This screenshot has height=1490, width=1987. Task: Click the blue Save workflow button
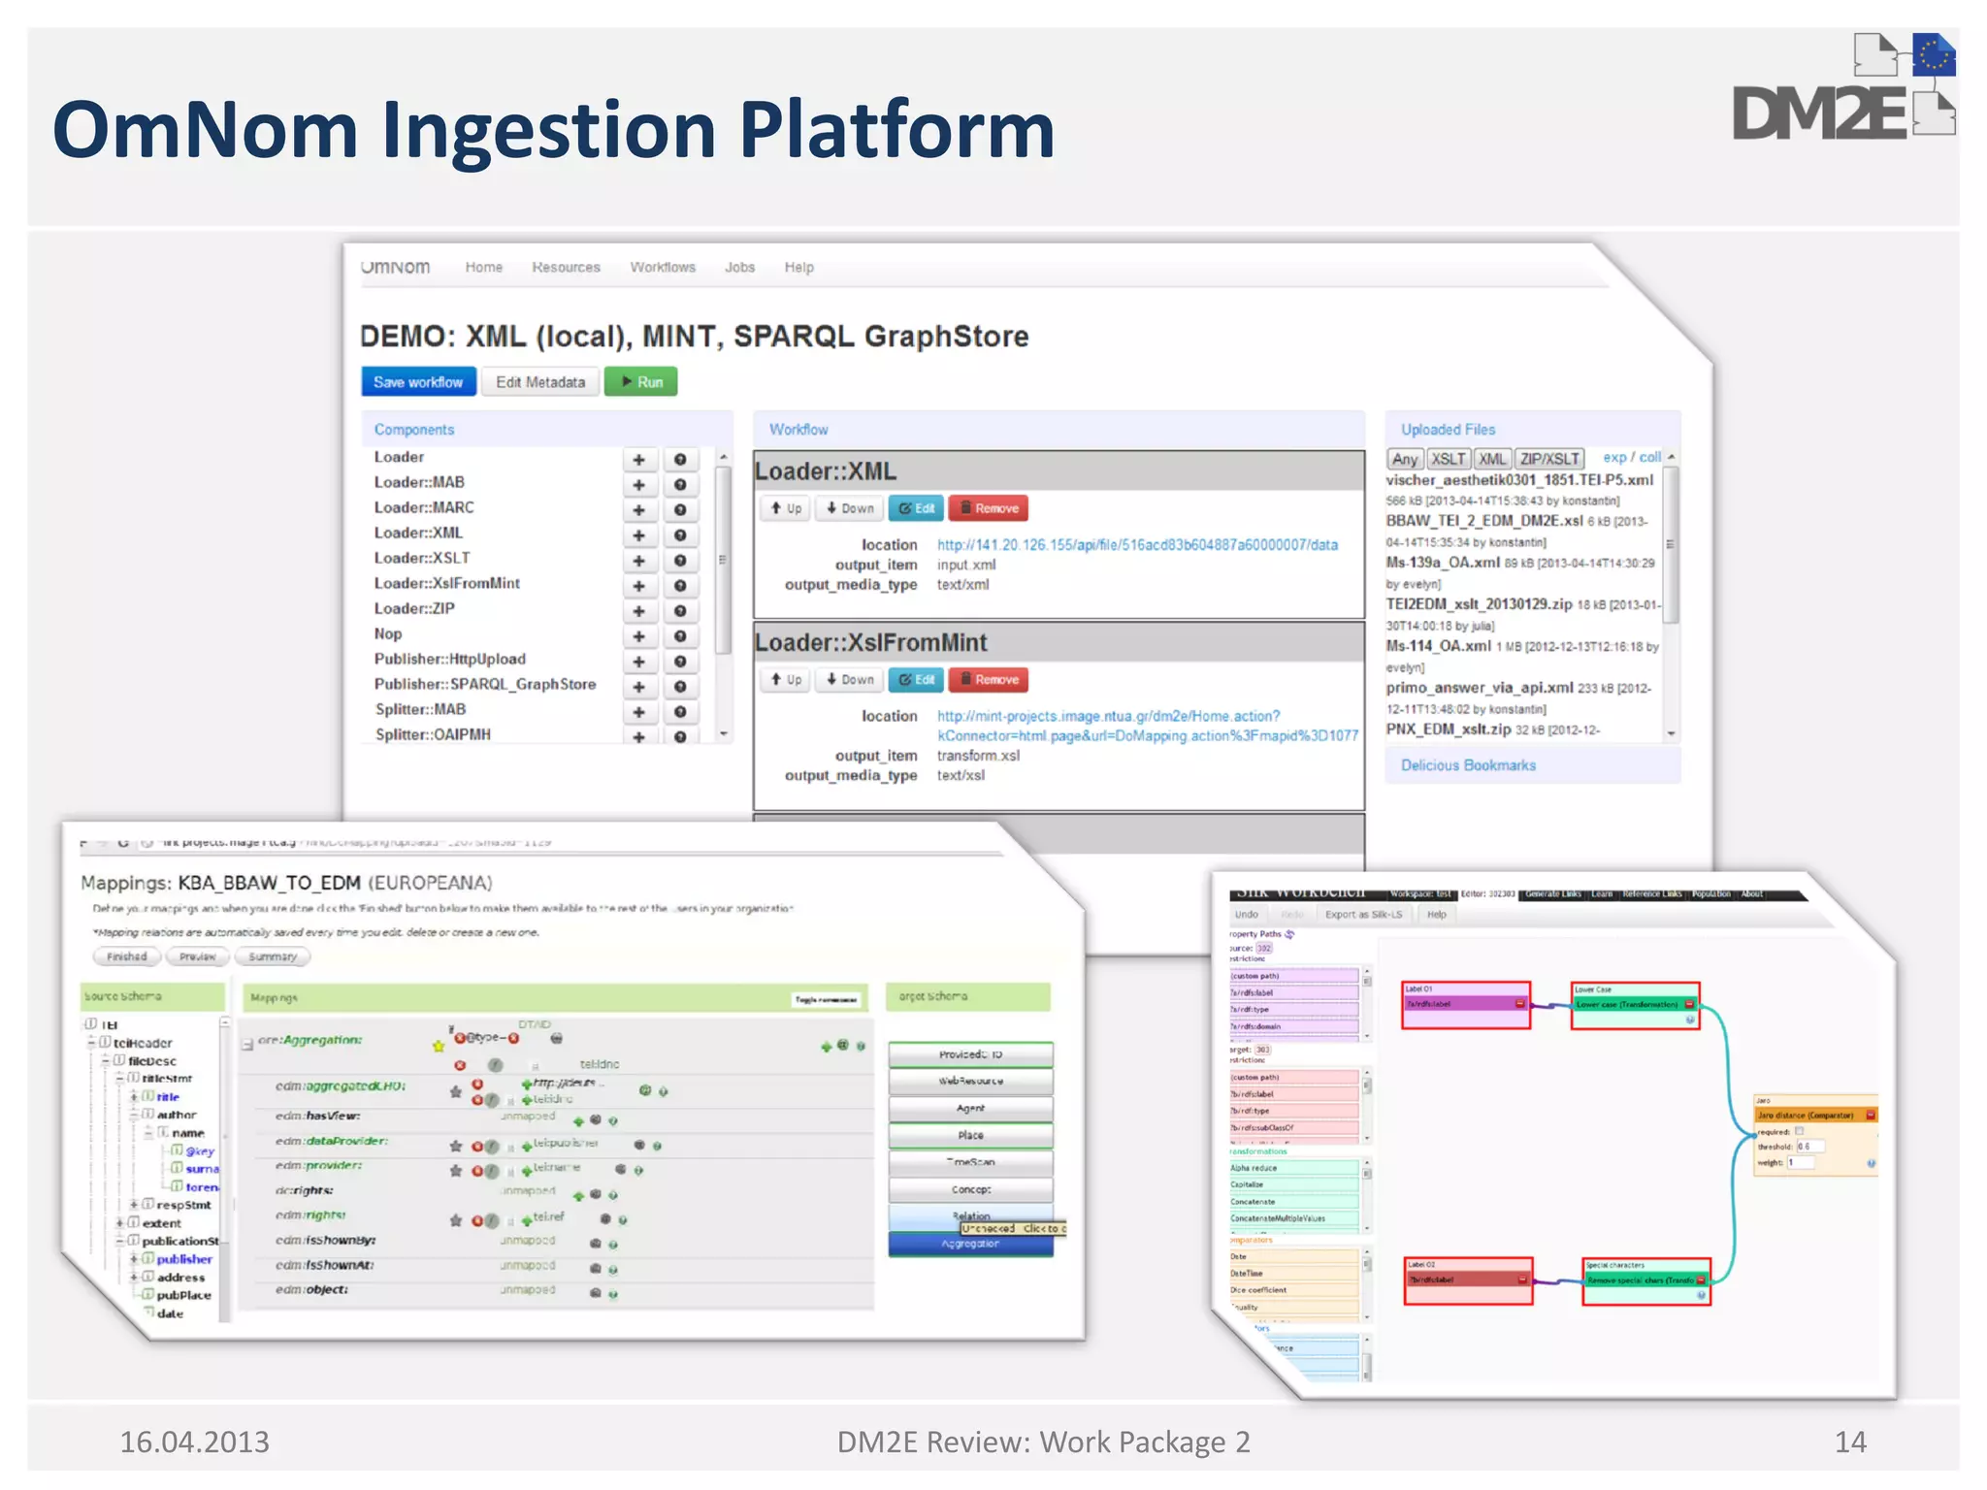(418, 382)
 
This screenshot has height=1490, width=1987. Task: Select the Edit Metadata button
(540, 382)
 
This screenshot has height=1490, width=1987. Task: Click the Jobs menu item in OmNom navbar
(739, 267)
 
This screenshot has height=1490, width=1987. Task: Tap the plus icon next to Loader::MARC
(638, 509)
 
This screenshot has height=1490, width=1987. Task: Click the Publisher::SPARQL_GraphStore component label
(485, 684)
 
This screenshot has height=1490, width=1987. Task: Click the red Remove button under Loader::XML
(988, 508)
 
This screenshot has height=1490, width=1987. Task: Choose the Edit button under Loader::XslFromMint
(916, 680)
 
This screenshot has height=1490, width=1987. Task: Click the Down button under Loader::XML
(849, 508)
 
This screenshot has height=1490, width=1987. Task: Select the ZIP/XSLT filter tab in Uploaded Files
(1548, 459)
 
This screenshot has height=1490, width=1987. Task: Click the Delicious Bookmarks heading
(1468, 765)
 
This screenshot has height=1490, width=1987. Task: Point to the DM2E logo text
(1819, 114)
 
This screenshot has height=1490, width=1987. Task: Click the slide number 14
(1849, 1441)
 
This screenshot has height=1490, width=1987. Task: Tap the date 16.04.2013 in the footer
(194, 1441)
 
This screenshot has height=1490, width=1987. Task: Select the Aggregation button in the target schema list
(970, 1245)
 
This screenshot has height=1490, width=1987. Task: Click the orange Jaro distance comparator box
(1814, 1116)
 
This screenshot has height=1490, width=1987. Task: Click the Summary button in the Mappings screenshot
(273, 956)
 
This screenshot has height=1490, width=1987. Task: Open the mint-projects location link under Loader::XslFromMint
(1108, 716)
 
